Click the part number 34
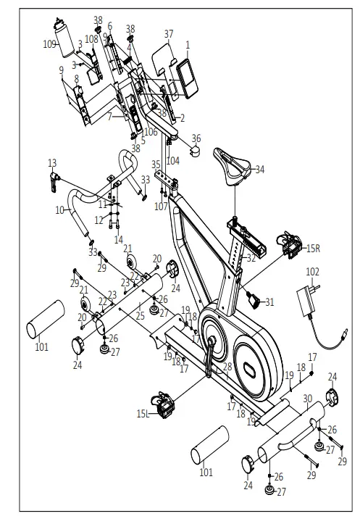(x=260, y=169)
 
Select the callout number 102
(x=312, y=272)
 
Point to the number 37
(x=169, y=34)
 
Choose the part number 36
(x=196, y=138)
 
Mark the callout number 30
(x=307, y=399)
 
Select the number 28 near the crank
(x=227, y=367)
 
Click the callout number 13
(x=51, y=162)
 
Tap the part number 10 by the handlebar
(x=60, y=210)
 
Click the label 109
(x=49, y=43)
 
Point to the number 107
(x=160, y=205)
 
